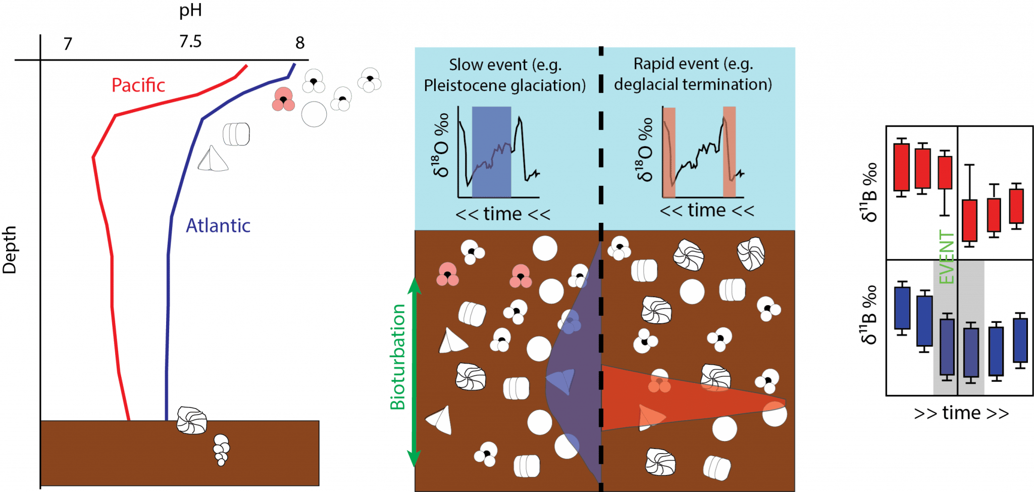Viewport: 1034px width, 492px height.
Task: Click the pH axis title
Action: [190, 10]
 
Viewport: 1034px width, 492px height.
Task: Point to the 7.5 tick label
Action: [190, 41]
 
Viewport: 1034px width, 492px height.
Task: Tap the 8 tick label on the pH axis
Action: [300, 43]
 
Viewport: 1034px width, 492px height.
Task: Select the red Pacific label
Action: [138, 85]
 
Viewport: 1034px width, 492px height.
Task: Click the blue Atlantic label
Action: [218, 225]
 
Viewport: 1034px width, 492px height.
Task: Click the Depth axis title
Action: [10, 250]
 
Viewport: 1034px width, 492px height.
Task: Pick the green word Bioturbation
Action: [398, 357]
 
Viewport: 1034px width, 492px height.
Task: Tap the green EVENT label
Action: [947, 257]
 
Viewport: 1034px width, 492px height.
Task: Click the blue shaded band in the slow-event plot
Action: [491, 152]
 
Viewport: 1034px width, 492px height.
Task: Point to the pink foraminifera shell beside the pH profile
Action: [283, 100]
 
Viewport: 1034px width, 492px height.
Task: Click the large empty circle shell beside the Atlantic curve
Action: [314, 114]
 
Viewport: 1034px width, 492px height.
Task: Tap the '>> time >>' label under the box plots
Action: [961, 413]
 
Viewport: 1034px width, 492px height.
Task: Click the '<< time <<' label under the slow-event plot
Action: [503, 214]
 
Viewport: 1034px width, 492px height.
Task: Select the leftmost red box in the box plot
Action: [902, 167]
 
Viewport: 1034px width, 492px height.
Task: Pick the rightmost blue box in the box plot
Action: [1020, 340]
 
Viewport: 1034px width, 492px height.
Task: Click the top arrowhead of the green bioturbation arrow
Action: [414, 285]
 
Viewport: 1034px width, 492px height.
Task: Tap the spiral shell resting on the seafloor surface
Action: [192, 420]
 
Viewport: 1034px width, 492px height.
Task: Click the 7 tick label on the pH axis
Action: [68, 44]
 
